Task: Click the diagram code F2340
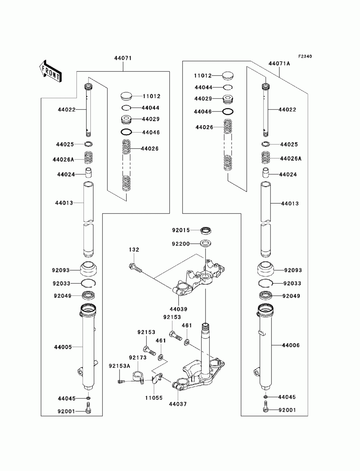(x=305, y=56)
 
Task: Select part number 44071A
(x=279, y=64)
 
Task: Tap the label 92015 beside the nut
(x=181, y=230)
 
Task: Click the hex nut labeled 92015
(x=205, y=230)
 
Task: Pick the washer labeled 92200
(x=206, y=243)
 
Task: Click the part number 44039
(x=179, y=309)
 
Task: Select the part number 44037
(x=178, y=404)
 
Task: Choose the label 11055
(x=154, y=398)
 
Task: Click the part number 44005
(x=63, y=347)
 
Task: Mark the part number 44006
(x=291, y=345)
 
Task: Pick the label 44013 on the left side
(x=64, y=203)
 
